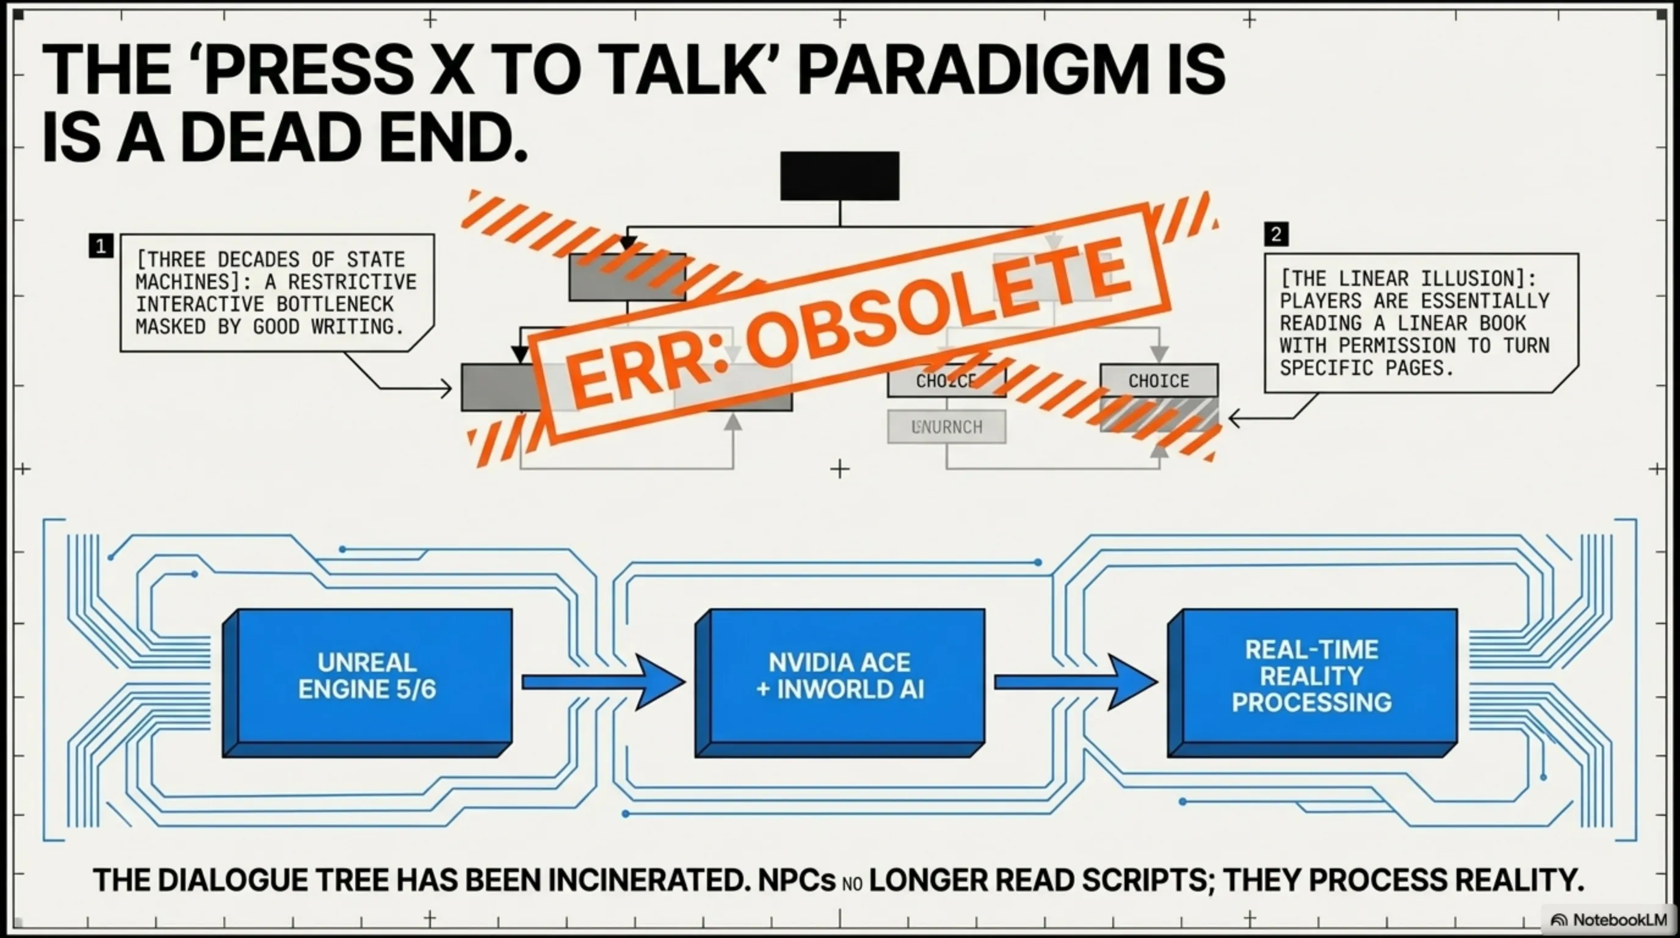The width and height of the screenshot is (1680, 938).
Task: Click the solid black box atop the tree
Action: pos(839,175)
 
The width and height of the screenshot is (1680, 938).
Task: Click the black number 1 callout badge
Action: pos(101,246)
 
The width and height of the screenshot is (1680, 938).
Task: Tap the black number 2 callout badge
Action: pos(1276,233)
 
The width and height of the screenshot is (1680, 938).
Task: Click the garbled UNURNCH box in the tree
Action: pos(946,427)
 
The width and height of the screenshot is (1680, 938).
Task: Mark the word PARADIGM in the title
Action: pos(972,70)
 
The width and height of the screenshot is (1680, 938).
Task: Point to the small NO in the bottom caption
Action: pos(852,884)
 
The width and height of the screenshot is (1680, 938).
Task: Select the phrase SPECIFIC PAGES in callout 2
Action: pos(1366,368)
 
